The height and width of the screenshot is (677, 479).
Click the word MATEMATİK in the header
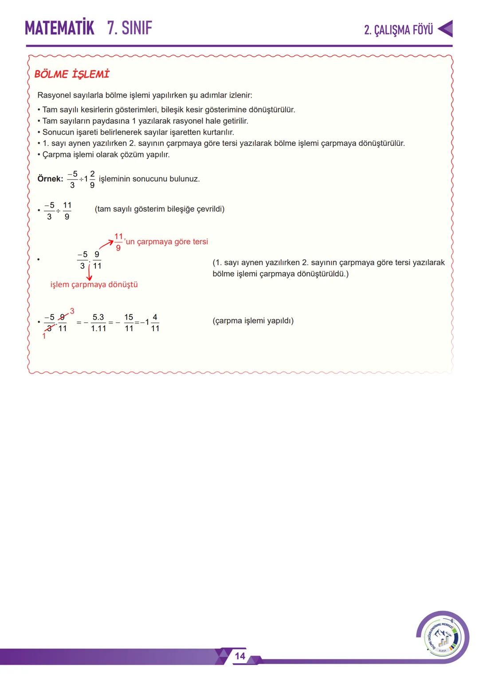point(59,28)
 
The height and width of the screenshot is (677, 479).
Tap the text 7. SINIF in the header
point(130,28)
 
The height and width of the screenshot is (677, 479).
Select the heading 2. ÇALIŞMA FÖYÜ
point(398,30)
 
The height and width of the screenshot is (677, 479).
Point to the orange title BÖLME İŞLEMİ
point(72,74)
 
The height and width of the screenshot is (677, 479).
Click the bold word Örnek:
point(50,179)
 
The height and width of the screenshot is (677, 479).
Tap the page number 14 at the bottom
point(240,656)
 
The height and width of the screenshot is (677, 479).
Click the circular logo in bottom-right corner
point(442,637)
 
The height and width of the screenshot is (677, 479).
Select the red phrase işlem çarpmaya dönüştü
point(94,285)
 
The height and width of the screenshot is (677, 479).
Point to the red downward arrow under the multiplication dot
point(89,273)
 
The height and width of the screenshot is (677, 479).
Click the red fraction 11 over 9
point(118,242)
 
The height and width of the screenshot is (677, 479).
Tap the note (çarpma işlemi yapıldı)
point(253,321)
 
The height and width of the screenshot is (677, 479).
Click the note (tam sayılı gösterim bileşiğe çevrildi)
point(159,209)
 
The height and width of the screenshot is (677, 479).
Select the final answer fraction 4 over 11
point(155,323)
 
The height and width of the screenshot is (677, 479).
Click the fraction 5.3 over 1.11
point(98,323)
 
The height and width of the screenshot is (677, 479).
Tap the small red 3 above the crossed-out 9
point(72,311)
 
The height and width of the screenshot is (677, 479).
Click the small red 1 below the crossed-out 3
point(44,337)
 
